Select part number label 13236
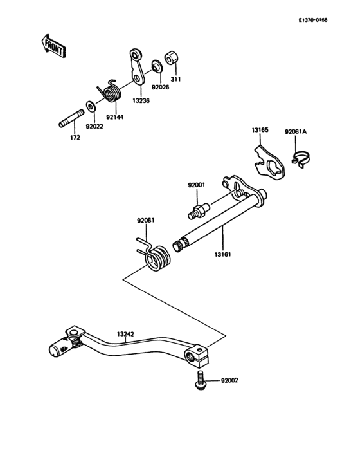[141, 100]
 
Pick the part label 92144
[116, 117]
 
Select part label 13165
[260, 130]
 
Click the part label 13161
[223, 255]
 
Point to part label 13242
[126, 334]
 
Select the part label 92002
[230, 381]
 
